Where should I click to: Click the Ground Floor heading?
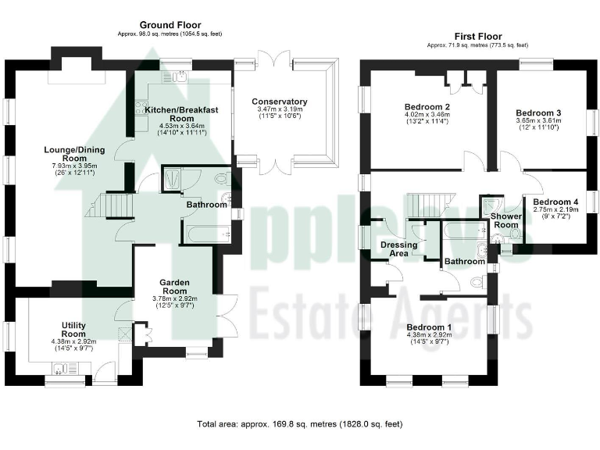(162, 26)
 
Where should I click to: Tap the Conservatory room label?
(279, 102)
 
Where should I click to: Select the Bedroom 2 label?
(427, 107)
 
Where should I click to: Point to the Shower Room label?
(505, 220)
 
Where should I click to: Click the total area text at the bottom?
(299, 424)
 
